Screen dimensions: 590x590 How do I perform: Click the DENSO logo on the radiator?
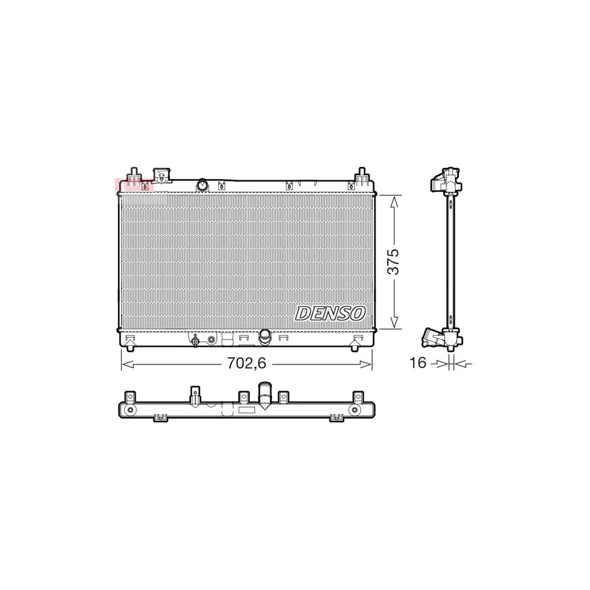point(330,313)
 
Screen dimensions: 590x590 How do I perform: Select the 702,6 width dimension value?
point(246,363)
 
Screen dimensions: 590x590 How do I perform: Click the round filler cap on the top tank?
point(202,186)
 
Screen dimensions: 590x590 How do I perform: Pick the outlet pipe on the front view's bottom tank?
point(264,336)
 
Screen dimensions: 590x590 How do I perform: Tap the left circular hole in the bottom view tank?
point(130,411)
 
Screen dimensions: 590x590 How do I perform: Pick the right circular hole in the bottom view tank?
point(355,411)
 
